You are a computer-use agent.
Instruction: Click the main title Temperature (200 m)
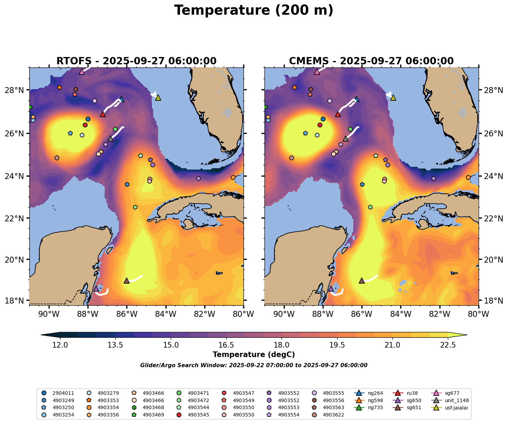(254, 10)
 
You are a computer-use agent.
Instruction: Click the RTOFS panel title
(136, 61)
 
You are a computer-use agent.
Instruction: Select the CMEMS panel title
(371, 61)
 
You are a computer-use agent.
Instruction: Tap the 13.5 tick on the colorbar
(115, 345)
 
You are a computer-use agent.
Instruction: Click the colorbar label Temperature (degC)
(254, 355)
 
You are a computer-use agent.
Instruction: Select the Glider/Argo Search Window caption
(254, 365)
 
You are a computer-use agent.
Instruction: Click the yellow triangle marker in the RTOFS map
(158, 98)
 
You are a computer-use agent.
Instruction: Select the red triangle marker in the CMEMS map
(338, 114)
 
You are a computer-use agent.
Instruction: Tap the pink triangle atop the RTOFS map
(82, 72)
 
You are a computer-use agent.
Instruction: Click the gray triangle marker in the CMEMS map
(346, 139)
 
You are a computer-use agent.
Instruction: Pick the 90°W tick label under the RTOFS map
(49, 314)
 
